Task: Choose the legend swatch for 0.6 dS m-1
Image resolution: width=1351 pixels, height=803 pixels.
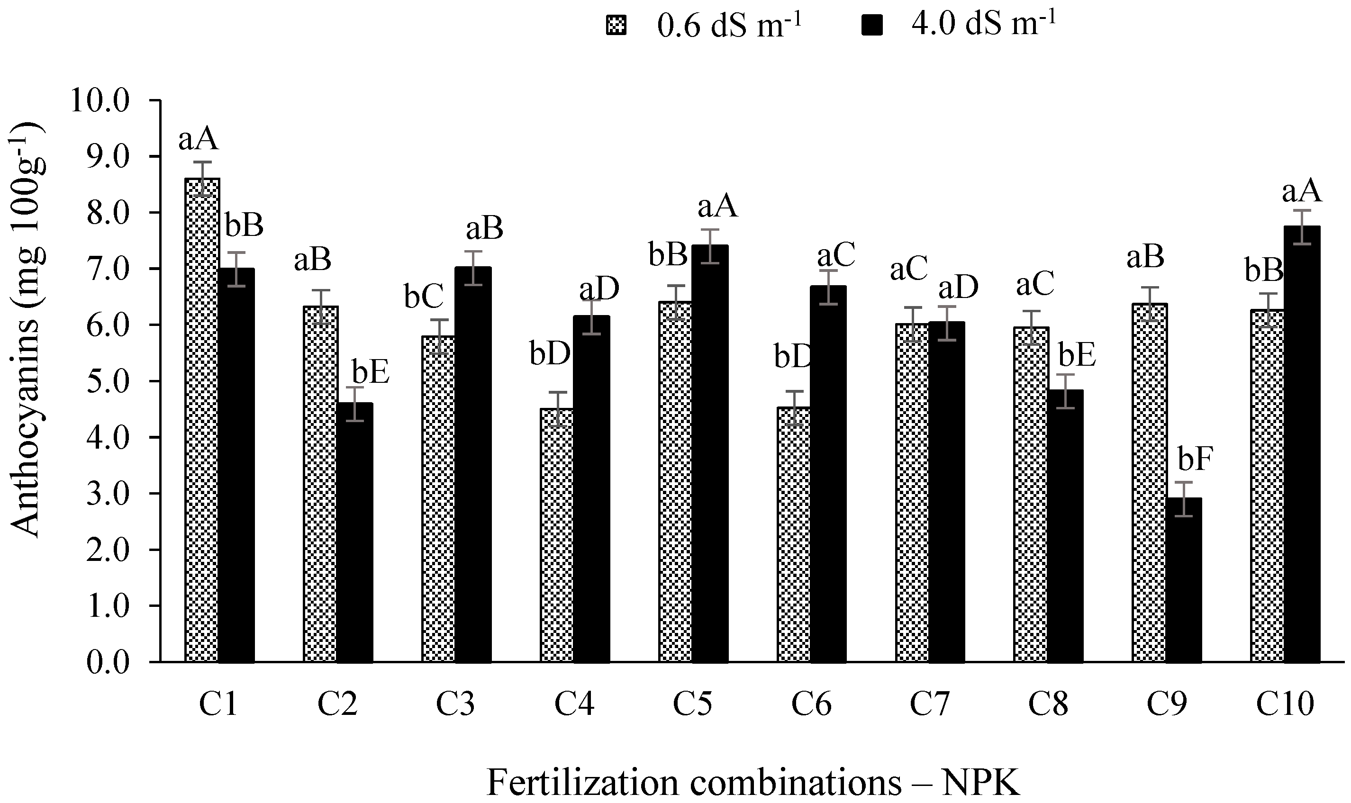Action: [616, 26]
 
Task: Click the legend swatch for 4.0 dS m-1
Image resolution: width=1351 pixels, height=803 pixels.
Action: [872, 26]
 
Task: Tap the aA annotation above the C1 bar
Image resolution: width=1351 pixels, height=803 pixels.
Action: [199, 139]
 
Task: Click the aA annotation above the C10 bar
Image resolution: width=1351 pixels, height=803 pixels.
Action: [1302, 192]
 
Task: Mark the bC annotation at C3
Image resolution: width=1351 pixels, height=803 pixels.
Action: [424, 297]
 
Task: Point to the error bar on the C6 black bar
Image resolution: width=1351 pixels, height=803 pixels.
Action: [828, 287]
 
